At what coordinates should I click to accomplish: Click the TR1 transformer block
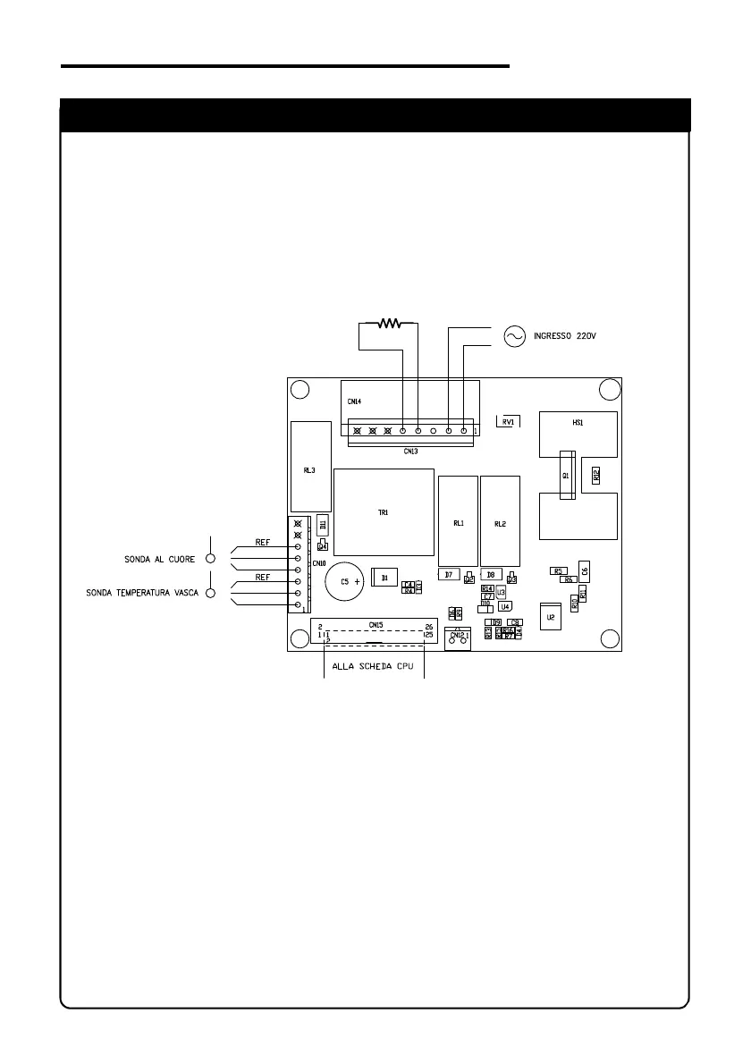384,513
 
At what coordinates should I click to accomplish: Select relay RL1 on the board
458,522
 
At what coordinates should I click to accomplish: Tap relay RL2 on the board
500,522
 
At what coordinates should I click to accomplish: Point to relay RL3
308,467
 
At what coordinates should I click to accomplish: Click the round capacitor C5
342,581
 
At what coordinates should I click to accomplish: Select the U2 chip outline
551,617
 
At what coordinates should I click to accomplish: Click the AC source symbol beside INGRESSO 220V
514,335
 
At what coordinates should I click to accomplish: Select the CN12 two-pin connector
458,638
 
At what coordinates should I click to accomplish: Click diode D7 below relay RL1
450,575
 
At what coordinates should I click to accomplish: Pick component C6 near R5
584,570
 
